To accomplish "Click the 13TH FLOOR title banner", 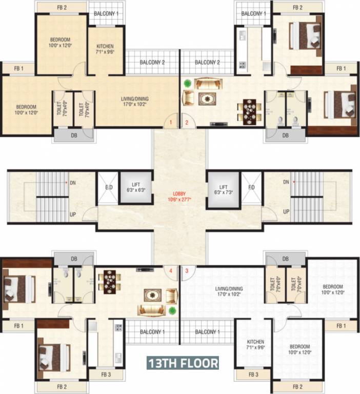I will [183, 363].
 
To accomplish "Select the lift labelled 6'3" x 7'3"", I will [223, 188].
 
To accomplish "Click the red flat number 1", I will [171, 122].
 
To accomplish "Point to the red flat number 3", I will [187, 270].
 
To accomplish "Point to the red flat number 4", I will [171, 270].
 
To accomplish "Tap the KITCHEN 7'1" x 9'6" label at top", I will [105, 49].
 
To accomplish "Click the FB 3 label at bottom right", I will [253, 375].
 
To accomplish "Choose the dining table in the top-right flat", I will [249, 109].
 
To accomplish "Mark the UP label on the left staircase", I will [73, 214].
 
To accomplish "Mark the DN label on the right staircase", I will [286, 182].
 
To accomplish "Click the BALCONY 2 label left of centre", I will [152, 63].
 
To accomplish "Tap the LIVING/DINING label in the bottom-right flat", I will [229, 292].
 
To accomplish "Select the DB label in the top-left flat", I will [74, 135].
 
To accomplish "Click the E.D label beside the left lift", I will [109, 187].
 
